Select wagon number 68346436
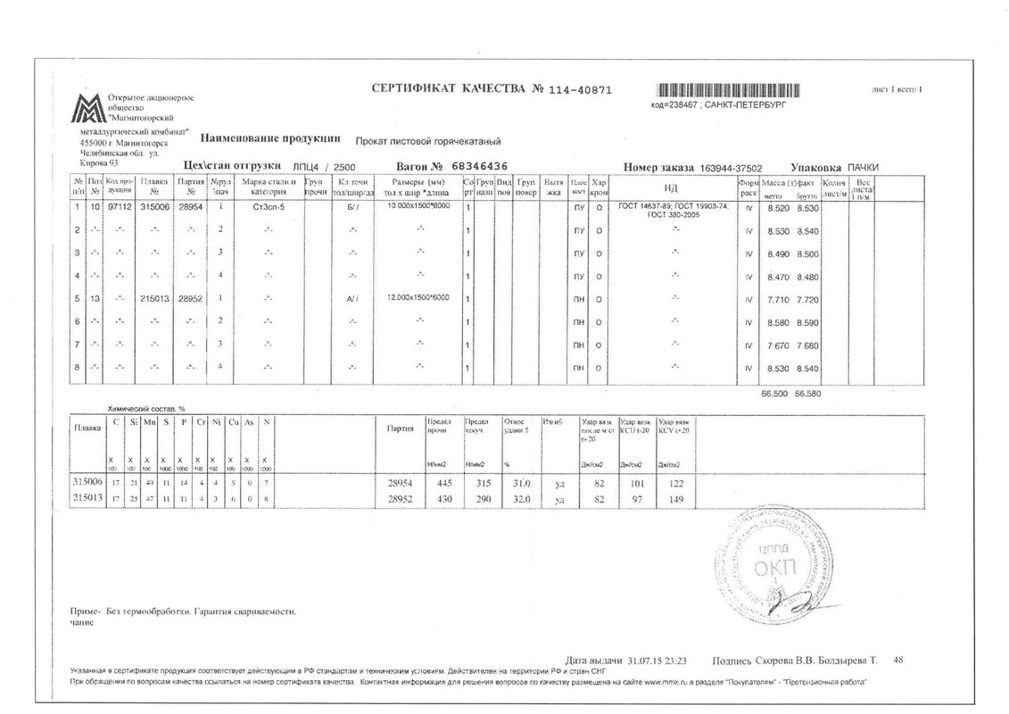point(479,167)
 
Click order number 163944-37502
point(731,168)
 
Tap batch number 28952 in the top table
point(190,299)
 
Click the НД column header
point(671,188)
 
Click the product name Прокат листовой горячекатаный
point(428,142)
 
